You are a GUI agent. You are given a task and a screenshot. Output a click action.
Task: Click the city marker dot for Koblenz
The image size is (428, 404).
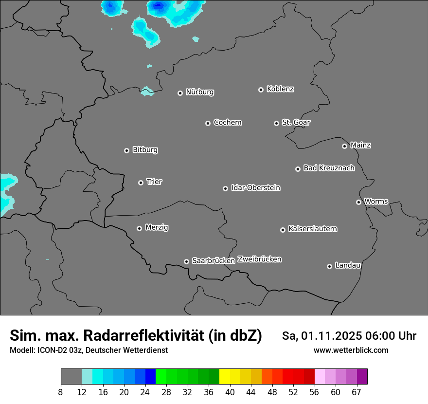tap(261, 90)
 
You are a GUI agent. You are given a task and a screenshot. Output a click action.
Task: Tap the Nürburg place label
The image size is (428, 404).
tap(199, 92)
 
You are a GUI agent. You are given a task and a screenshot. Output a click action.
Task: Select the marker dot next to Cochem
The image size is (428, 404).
tap(208, 123)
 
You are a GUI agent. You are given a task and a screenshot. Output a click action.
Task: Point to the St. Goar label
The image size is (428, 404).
tap(296, 122)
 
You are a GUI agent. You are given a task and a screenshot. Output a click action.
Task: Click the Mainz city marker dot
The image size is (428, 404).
tap(344, 146)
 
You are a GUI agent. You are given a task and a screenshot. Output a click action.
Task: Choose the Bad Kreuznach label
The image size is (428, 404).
tap(329, 168)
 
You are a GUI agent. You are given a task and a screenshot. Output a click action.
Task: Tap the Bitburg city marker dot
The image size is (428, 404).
tap(126, 150)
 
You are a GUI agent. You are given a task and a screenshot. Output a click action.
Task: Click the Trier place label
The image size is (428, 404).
tap(154, 182)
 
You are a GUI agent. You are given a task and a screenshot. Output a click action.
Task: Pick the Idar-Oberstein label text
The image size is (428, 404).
tap(255, 187)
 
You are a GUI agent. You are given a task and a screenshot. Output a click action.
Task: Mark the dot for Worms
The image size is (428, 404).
tap(358, 202)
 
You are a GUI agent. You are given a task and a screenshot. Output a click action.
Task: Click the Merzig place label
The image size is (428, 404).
tap(157, 227)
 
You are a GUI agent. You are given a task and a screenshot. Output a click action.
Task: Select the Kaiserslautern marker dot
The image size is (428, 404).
tap(283, 230)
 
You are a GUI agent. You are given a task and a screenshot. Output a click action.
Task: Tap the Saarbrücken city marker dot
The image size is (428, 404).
tap(186, 261)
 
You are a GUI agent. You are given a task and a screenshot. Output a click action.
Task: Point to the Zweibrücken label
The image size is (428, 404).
tap(259, 259)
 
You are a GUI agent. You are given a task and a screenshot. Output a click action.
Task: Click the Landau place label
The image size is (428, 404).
tap(348, 265)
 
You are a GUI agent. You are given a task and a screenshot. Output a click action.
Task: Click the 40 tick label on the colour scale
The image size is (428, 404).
tap(230, 392)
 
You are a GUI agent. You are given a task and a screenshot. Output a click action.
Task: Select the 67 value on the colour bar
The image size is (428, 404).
tap(357, 392)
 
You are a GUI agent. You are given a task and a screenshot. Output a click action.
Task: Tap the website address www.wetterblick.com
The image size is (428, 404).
tap(351, 350)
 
